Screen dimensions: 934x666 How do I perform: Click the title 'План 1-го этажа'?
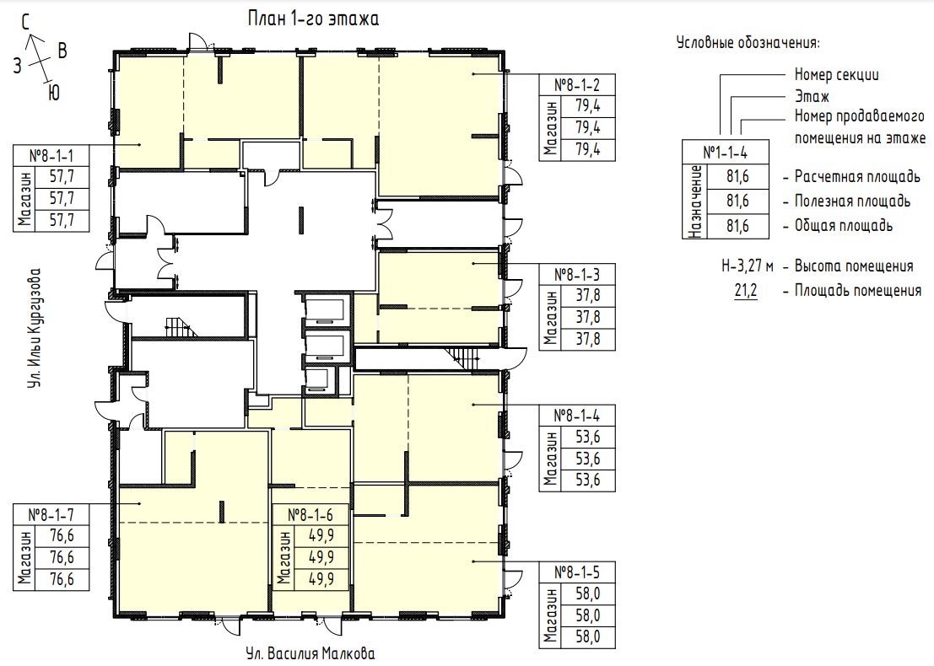tap(313, 19)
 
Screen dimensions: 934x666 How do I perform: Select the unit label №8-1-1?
tap(51, 156)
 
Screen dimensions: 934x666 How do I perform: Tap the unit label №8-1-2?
tap(576, 85)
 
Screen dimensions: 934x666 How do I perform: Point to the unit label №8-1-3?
tap(576, 274)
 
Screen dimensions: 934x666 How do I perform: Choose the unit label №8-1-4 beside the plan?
tap(576, 416)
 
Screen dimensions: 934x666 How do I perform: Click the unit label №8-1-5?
tap(576, 572)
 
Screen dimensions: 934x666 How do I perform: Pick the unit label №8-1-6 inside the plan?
tap(310, 514)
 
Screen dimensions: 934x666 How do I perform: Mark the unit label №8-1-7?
tap(51, 514)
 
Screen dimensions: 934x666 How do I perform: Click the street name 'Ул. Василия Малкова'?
tap(310, 653)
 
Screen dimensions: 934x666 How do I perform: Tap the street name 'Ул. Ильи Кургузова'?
tap(35, 329)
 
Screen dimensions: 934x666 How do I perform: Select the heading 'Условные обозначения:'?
tap(748, 43)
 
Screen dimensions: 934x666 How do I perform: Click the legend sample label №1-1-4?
tap(726, 153)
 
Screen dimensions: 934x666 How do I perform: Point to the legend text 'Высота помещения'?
tap(854, 266)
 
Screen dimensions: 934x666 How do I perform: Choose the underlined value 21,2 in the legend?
tap(746, 291)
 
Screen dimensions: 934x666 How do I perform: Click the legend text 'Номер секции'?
tap(836, 75)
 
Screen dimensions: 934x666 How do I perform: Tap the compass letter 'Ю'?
tap(54, 93)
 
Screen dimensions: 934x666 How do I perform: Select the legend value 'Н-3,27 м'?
tap(748, 266)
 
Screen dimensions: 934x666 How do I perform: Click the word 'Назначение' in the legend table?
tap(694, 201)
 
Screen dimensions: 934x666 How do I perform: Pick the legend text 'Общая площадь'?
tap(844, 226)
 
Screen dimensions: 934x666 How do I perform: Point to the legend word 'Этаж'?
tap(812, 96)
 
